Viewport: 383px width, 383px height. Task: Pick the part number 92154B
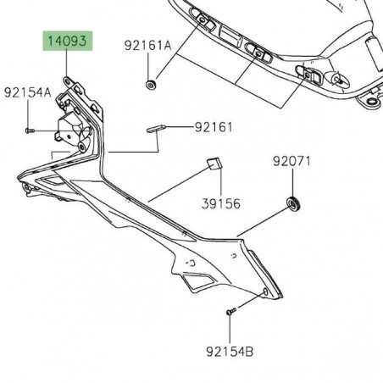pyautogui.click(x=230, y=347)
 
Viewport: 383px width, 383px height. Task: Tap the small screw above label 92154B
pyautogui.click(x=230, y=312)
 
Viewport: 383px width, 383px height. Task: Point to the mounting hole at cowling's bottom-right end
pyautogui.click(x=269, y=291)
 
